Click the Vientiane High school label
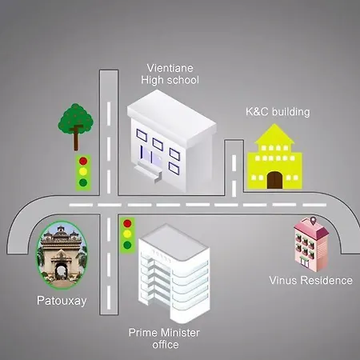[170, 74]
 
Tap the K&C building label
[278, 112]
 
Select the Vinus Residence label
[310, 280]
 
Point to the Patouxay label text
[62, 301]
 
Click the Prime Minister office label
[164, 338]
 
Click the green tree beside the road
[76, 126]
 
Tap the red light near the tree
[83, 161]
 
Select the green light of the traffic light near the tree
[83, 182]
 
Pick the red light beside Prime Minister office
[127, 223]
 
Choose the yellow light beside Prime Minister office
[127, 234]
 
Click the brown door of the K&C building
[274, 180]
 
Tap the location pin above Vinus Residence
[313, 221]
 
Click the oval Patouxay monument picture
[62, 255]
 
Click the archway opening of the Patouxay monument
[61, 271]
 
